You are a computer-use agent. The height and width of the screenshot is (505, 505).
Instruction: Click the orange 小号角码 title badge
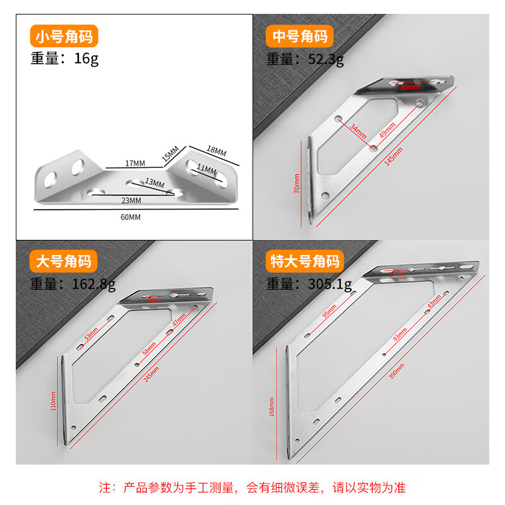tap(64, 37)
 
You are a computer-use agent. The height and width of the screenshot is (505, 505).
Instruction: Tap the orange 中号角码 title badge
tap(299, 37)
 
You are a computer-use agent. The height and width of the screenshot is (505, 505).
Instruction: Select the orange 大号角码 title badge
tap(64, 261)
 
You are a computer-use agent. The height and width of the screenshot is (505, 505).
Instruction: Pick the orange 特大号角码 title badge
tap(305, 261)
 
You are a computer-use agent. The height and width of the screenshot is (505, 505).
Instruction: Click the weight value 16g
tap(86, 59)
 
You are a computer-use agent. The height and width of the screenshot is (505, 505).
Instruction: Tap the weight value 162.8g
tap(95, 284)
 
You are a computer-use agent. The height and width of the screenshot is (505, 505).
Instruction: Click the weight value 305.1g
tap(331, 284)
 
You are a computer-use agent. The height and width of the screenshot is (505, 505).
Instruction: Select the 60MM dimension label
tap(130, 217)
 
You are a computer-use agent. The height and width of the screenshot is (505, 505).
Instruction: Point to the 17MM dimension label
tap(135, 163)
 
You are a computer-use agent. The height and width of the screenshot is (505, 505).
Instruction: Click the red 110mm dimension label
tap(53, 401)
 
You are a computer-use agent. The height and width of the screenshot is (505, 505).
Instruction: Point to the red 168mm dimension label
tap(271, 407)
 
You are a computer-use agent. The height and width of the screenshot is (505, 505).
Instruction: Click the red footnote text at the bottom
tap(252, 487)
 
